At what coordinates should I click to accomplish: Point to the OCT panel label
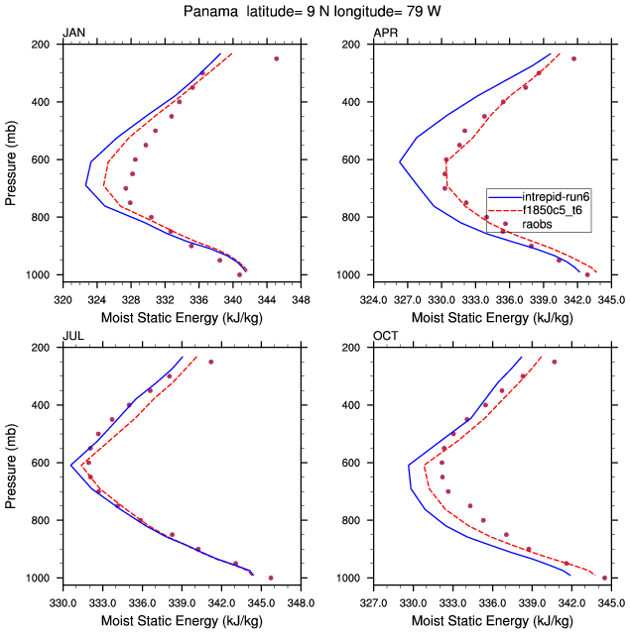coord(385,338)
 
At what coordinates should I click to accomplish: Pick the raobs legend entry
coord(537,224)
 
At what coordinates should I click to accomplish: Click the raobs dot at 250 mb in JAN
coord(276,58)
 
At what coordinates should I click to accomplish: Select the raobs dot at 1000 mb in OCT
coord(604,578)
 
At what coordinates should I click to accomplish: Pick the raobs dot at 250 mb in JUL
coord(210,362)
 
